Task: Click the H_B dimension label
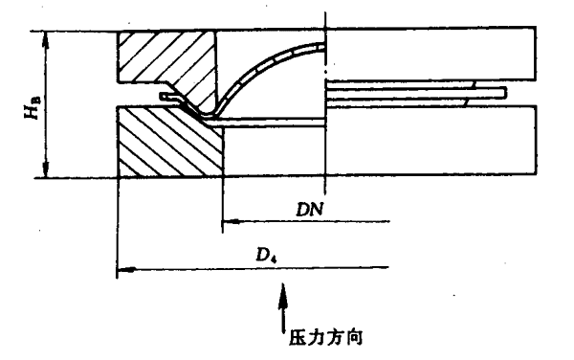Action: [33, 107]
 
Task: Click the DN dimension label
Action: [310, 210]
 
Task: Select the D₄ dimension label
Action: [266, 255]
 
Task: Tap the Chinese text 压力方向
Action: [325, 337]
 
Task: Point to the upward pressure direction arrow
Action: [282, 308]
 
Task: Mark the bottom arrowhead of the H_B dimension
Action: [46, 169]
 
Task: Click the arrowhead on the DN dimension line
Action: [231, 221]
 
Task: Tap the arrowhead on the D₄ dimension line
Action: [125, 270]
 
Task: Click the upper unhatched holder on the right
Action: [431, 53]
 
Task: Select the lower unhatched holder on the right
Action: [431, 140]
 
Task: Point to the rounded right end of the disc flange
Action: [505, 93]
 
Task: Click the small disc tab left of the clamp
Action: [169, 97]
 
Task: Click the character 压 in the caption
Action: [298, 338]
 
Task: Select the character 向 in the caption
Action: [354, 337]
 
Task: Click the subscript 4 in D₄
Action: [274, 259]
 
